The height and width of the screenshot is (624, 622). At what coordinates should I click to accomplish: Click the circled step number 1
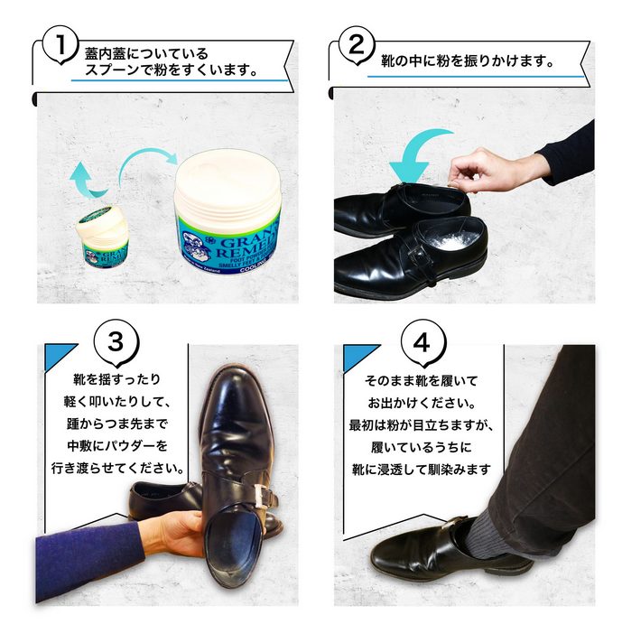(60, 44)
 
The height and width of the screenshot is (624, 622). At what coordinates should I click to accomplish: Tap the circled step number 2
(357, 44)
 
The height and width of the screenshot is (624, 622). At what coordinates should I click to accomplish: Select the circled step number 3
(116, 342)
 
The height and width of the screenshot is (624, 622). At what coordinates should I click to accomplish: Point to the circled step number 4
(423, 342)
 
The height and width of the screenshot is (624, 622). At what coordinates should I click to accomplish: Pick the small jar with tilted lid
(103, 237)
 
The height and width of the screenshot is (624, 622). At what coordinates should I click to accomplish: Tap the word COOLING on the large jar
(254, 269)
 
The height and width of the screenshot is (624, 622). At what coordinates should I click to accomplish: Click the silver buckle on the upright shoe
(262, 497)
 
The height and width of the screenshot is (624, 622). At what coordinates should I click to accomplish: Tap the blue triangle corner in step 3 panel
(57, 355)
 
